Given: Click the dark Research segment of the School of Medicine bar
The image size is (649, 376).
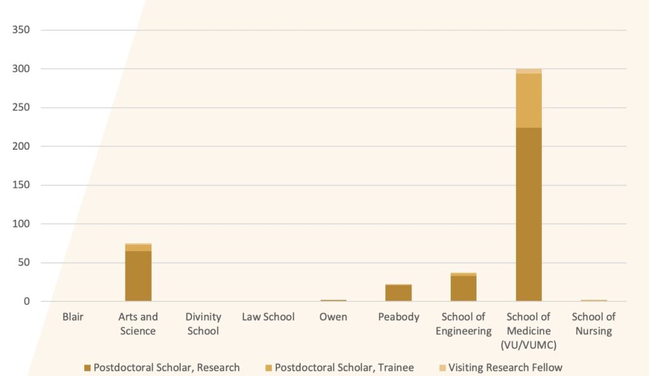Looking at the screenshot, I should pyautogui.click(x=529, y=214).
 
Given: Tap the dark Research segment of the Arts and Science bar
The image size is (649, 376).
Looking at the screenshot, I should pyautogui.click(x=138, y=276).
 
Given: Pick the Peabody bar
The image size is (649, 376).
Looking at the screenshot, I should pyautogui.click(x=399, y=293).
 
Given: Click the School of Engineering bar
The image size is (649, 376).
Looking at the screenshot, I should pyautogui.click(x=463, y=288).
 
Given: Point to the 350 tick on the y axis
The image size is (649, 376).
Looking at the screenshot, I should pyautogui.click(x=22, y=30).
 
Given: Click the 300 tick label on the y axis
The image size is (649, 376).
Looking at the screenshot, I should pyautogui.click(x=22, y=68).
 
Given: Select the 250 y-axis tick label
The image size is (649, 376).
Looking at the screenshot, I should pyautogui.click(x=22, y=108).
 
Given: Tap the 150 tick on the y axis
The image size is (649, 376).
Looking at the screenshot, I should pyautogui.click(x=22, y=185).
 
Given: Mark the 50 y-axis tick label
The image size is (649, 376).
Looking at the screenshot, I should pyautogui.click(x=25, y=263).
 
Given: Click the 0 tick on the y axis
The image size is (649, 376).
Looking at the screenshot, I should pyautogui.click(x=27, y=301).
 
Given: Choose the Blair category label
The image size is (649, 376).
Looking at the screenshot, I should pyautogui.click(x=73, y=317).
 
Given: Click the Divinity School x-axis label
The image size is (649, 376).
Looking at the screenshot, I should pyautogui.click(x=203, y=323).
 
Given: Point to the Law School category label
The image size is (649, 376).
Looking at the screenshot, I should pyautogui.click(x=268, y=317).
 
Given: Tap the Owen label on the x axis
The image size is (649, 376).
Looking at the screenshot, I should pyautogui.click(x=333, y=317).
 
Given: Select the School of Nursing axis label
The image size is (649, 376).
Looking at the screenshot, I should pyautogui.click(x=593, y=323).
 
